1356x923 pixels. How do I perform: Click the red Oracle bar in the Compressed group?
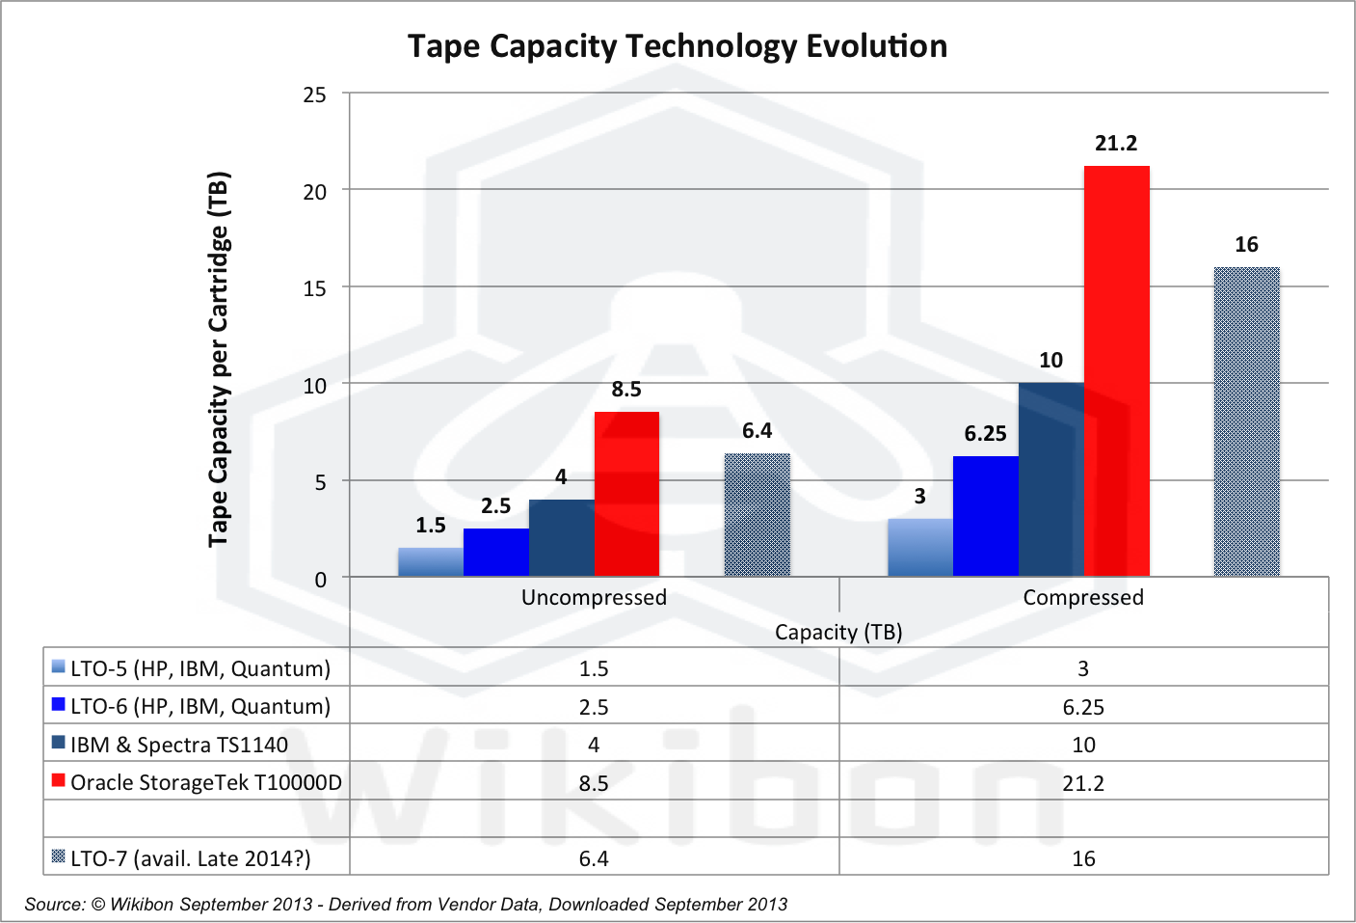pos(1116,371)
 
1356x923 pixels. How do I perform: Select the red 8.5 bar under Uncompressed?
pos(626,494)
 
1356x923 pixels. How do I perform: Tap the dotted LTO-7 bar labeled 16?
pos(1246,421)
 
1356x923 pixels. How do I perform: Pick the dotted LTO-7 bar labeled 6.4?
pos(757,515)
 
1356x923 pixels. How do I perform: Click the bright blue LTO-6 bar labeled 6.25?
pos(985,516)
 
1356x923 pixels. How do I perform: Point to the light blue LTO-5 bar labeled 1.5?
pos(431,562)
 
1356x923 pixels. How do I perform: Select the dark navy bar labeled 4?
pos(561,538)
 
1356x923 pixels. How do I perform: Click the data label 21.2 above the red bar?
pos(1116,144)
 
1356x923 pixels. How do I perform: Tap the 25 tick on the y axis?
pos(315,95)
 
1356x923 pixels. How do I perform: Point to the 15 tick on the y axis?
pos(315,288)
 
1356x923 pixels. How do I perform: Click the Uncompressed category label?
pos(594,598)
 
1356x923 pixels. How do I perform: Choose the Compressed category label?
pos(1083,598)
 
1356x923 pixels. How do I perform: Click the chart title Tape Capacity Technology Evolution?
pos(678,46)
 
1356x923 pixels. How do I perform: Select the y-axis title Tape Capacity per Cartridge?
pos(219,359)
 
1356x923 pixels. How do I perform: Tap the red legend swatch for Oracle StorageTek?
pos(59,780)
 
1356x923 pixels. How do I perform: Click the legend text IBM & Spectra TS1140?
pos(179,745)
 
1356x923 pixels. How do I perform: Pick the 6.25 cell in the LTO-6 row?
pos(1083,707)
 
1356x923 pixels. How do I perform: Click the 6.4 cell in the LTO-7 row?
pos(594,858)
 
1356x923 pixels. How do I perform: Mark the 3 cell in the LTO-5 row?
pos(1083,668)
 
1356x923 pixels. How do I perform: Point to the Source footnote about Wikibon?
pos(406,905)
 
